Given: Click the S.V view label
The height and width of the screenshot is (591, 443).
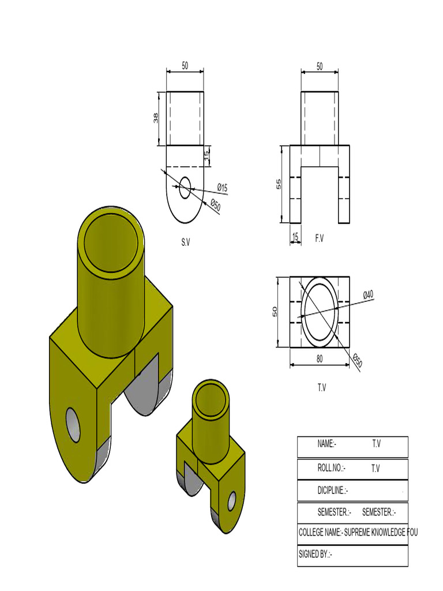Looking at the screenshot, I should pyautogui.click(x=185, y=243).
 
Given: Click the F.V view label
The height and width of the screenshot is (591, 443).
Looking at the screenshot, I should pyautogui.click(x=320, y=238).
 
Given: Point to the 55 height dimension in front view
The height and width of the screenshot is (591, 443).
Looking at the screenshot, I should pyautogui.click(x=279, y=184).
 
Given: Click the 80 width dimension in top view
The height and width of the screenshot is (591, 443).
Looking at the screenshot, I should pyautogui.click(x=320, y=358).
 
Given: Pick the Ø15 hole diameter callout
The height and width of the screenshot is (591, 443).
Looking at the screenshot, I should pyautogui.click(x=222, y=187).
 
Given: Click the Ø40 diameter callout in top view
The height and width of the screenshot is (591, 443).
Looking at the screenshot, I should pyautogui.click(x=368, y=294).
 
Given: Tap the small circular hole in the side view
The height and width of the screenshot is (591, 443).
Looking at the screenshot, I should pyautogui.click(x=185, y=188).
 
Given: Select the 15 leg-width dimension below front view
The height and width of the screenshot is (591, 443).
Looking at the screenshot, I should pyautogui.click(x=295, y=237).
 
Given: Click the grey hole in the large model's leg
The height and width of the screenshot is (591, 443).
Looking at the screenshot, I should pyautogui.click(x=73, y=425).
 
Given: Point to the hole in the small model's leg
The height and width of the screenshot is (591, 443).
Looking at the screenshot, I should pyautogui.click(x=232, y=500).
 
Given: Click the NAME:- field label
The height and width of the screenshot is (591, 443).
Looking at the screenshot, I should pyautogui.click(x=326, y=444).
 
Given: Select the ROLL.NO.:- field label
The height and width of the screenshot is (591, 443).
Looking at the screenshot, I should pyautogui.click(x=331, y=468).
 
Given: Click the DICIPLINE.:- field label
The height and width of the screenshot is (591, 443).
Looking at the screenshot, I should pyautogui.click(x=333, y=491).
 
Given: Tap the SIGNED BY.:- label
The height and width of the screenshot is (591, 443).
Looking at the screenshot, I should pyautogui.click(x=316, y=555).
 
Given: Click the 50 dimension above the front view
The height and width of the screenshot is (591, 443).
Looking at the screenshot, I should pyautogui.click(x=320, y=66).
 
